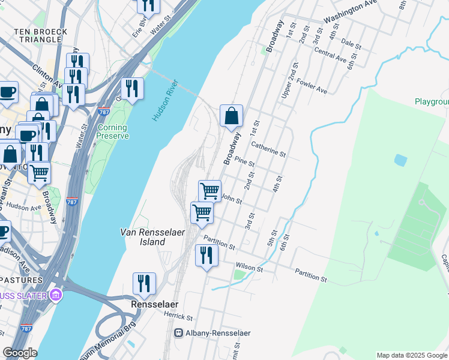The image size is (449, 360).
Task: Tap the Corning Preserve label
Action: [112, 131]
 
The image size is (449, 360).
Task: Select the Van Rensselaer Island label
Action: [143, 236]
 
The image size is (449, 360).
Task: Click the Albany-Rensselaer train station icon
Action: [178, 332]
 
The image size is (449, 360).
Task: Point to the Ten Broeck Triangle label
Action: [41, 35]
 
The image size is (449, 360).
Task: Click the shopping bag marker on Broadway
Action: [232, 116]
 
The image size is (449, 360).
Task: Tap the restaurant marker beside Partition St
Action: [206, 256]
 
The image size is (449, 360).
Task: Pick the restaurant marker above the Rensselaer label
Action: [144, 284]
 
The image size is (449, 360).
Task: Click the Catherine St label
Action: [268, 149]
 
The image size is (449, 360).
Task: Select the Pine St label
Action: [245, 161]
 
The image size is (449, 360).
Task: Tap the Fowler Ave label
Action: [312, 86]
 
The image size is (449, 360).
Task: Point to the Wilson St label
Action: [250, 266]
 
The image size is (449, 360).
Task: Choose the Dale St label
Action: [351, 44]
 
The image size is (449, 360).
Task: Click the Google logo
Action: [20, 353]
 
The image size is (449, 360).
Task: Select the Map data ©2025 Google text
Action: [412, 355]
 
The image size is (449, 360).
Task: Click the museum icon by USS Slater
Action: [56, 295]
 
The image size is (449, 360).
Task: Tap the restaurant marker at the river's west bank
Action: [132, 89]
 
